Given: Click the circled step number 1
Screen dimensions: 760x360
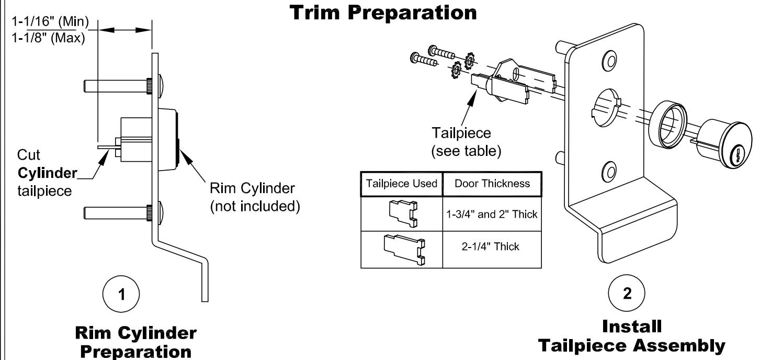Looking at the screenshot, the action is click(x=121, y=294).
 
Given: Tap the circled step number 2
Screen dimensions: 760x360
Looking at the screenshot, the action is click(x=627, y=293).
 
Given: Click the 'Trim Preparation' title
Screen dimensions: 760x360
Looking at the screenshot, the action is click(x=383, y=13).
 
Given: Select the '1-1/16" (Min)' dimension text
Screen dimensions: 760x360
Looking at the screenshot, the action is click(x=50, y=22).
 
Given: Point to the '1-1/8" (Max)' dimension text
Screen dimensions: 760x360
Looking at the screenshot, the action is click(x=48, y=38).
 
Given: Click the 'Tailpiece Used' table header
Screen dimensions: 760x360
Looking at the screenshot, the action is click(x=401, y=184).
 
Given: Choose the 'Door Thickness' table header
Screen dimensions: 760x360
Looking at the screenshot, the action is click(x=492, y=184).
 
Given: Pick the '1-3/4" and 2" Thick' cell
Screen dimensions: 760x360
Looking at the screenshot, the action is click(x=492, y=215).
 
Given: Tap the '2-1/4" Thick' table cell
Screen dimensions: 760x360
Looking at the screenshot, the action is click(x=490, y=246).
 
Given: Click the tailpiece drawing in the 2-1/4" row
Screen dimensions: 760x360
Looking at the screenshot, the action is click(x=404, y=250).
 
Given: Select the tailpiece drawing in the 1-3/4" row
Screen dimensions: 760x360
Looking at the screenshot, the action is click(x=403, y=213).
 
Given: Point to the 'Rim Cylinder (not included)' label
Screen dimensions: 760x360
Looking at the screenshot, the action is click(x=255, y=197).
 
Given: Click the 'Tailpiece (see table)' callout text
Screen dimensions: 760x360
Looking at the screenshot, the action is click(x=466, y=142).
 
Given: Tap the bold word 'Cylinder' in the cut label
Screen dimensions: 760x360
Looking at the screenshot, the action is click(x=47, y=173).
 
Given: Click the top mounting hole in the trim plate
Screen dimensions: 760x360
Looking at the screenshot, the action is click(x=610, y=61).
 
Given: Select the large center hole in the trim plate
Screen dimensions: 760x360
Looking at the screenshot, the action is click(x=606, y=108).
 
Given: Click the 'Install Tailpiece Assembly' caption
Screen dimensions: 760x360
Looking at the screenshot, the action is click(x=632, y=336).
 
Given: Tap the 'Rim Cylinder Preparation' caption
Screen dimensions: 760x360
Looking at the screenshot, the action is click(x=135, y=342).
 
